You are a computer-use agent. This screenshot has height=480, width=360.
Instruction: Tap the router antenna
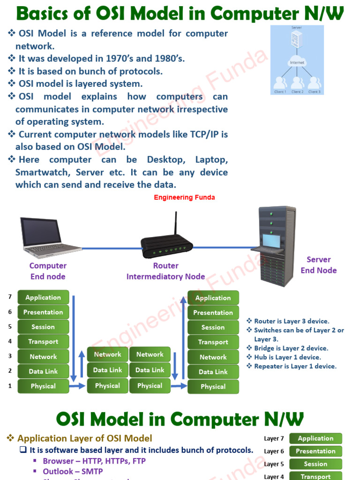[x=175, y=224]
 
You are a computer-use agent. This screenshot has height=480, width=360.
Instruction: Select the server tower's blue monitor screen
[x=271, y=241]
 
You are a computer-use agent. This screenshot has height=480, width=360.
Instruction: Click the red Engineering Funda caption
[x=185, y=197]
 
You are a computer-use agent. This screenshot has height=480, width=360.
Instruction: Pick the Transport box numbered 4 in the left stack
[x=43, y=342]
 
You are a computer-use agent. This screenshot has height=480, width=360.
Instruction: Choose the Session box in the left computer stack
[x=43, y=327]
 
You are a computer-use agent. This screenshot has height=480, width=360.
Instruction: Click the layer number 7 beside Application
[x=10, y=297]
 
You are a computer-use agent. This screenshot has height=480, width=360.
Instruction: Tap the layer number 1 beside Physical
[x=10, y=386]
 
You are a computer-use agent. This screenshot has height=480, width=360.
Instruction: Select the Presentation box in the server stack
[x=213, y=313]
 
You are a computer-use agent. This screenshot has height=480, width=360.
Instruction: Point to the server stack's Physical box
[x=213, y=387]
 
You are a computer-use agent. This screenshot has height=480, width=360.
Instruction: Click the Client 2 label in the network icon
[x=297, y=92]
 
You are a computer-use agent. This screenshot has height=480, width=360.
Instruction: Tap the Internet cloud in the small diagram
[x=297, y=62]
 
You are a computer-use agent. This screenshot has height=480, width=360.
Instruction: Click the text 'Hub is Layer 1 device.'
[x=287, y=357]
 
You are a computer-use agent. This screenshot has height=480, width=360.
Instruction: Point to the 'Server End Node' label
[x=319, y=265]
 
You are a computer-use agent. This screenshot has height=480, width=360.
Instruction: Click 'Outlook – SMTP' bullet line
[x=73, y=471]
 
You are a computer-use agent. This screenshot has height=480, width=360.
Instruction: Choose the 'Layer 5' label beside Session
[x=274, y=464]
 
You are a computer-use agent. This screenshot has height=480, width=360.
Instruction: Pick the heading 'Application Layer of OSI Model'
[x=85, y=439]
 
